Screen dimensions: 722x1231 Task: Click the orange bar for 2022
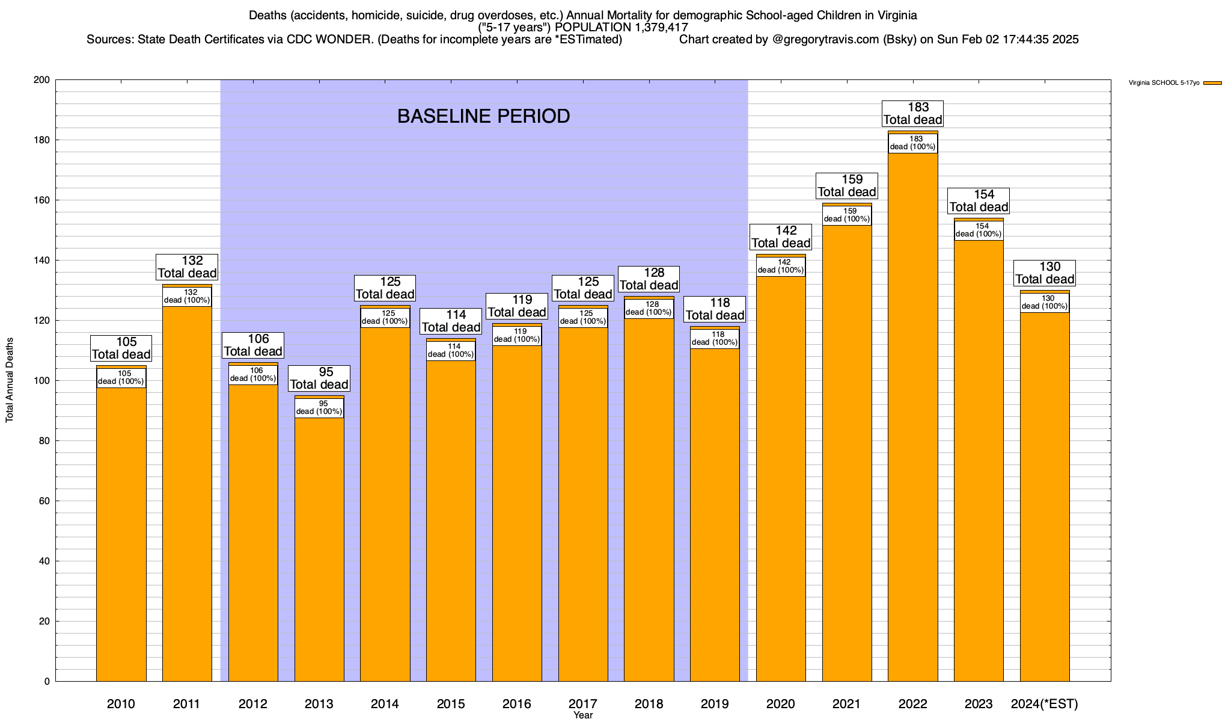coord(912,421)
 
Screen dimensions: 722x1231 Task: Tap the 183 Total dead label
coord(912,114)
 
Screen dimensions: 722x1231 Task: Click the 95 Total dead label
coord(319,378)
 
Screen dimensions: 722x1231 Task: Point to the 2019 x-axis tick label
coord(715,704)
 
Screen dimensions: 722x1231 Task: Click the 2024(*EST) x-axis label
coord(1045,704)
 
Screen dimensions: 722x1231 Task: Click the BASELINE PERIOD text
coord(483,116)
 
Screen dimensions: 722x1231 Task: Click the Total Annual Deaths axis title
coord(10,380)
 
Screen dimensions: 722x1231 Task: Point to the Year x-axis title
coord(582,715)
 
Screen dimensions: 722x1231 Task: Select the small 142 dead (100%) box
coord(781,267)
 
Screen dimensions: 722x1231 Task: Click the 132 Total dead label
coord(187,267)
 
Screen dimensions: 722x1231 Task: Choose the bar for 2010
coord(121,529)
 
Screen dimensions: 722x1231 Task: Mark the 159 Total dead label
coord(847,186)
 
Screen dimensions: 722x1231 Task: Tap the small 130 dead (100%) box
coord(1045,303)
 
